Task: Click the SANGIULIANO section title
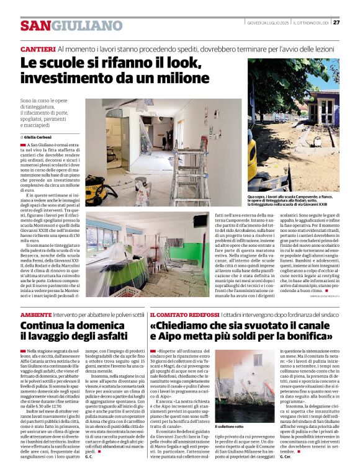click(x=71, y=25)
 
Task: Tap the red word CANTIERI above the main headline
click(x=38, y=48)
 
